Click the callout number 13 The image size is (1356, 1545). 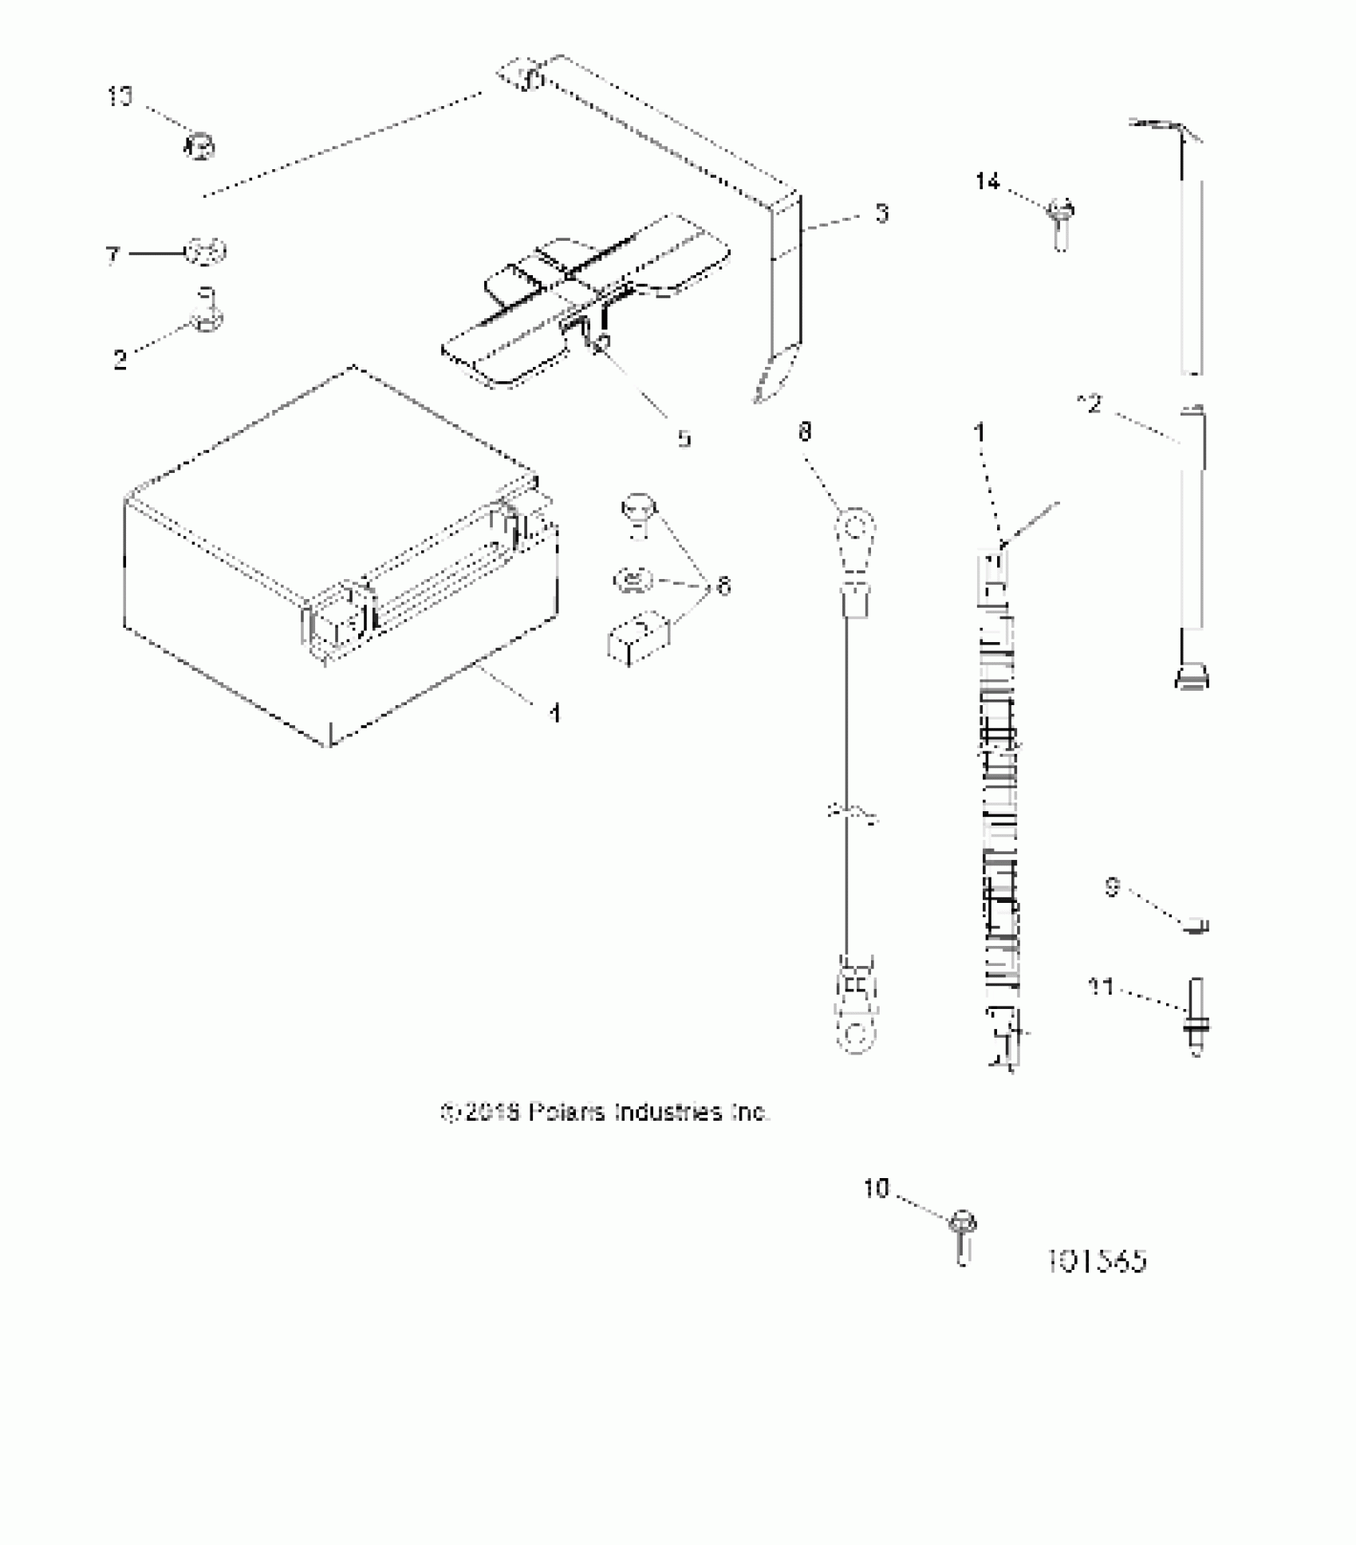pos(120,97)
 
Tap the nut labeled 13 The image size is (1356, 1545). pos(199,148)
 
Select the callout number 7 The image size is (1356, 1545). pos(112,255)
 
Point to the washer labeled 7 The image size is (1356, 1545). pos(207,253)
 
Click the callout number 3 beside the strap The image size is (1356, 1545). pos(881,214)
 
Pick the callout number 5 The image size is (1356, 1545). pos(684,438)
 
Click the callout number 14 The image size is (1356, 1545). pos(987,183)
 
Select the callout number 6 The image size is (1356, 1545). pos(723,586)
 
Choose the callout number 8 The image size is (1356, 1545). pos(805,432)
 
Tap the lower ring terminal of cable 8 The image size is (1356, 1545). pos(855,1035)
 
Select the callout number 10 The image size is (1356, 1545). pos(875,1211)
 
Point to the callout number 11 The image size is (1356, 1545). pos(1101,987)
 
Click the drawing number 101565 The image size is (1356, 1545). pos(1097,1261)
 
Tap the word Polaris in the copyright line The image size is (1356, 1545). pos(567,1112)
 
